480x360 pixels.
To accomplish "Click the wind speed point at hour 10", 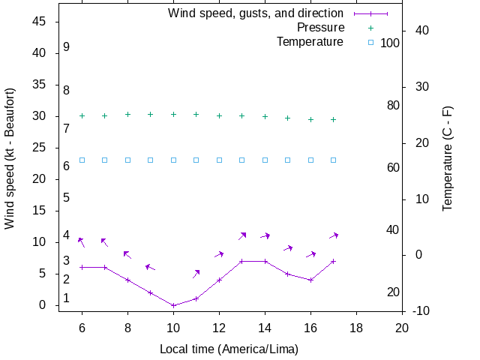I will point(173,305).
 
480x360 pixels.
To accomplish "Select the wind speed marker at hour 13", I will point(242,261).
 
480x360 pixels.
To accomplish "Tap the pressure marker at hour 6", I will point(82,115).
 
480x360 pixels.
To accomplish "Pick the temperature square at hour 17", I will point(334,160).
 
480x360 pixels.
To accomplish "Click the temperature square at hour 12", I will point(219,160).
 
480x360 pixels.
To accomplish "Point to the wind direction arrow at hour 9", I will point(150,267).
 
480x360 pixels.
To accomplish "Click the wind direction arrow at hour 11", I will point(196,274).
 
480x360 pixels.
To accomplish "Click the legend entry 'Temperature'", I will point(310,42).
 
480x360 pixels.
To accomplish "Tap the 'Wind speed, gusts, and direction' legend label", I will point(256,13).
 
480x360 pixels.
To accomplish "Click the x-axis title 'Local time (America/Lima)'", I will point(229,349).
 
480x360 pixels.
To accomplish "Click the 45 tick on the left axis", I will point(40,22).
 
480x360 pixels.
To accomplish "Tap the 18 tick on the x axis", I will point(356,327).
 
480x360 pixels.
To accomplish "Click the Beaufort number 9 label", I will point(67,46).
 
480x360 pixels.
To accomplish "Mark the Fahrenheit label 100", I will point(390,43).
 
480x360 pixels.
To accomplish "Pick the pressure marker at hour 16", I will point(310,119).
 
